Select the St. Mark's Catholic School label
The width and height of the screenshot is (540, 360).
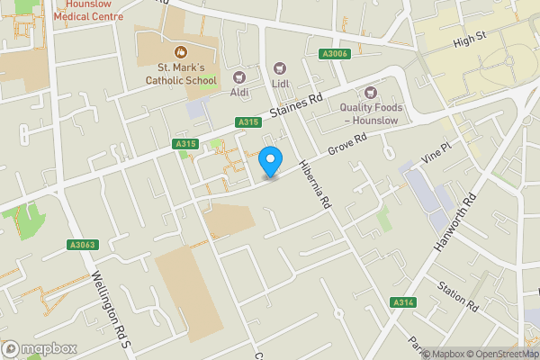(187, 74)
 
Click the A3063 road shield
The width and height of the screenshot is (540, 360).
(80, 245)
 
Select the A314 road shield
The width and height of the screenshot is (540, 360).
(402, 302)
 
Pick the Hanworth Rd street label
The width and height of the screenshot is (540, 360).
(456, 221)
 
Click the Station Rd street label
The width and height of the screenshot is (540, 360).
(458, 296)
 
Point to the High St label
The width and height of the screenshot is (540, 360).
(470, 40)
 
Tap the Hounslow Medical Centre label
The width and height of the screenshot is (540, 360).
(87, 10)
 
